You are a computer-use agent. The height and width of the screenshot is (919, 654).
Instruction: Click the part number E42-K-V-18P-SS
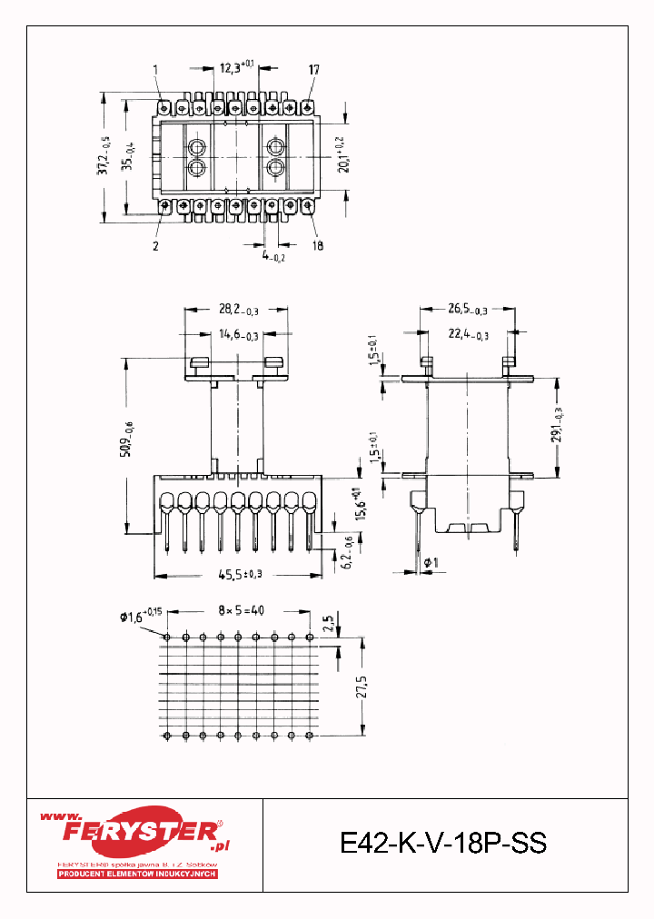pyautogui.click(x=443, y=844)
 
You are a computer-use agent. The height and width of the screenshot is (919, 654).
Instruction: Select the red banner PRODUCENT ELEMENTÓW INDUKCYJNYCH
pyautogui.click(x=137, y=874)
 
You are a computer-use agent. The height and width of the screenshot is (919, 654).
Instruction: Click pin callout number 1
pyautogui.click(x=155, y=69)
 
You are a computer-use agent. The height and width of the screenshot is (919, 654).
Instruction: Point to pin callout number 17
pyautogui.click(x=313, y=69)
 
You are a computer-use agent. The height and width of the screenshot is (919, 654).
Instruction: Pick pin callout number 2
pyautogui.click(x=155, y=245)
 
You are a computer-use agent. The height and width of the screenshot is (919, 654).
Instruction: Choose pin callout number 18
pyautogui.click(x=317, y=245)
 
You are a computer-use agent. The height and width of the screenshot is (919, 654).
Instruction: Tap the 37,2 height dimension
pyautogui.click(x=111, y=156)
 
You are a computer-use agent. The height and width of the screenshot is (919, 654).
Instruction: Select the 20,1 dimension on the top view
pyautogui.click(x=342, y=156)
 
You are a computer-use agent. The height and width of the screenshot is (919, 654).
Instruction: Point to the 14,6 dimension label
pyautogui.click(x=239, y=336)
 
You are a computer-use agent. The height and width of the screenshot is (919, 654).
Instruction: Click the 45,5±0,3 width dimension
pyautogui.click(x=240, y=574)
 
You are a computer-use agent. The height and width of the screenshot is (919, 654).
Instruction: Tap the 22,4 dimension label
pyautogui.click(x=468, y=336)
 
